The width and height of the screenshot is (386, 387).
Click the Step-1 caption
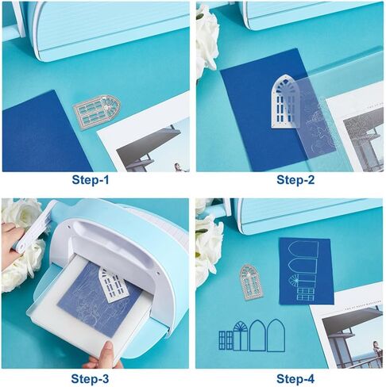[x=91, y=180]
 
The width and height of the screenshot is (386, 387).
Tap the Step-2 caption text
[x=295, y=180]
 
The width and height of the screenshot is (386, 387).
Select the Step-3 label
[x=90, y=379]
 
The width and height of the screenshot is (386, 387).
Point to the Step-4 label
[x=295, y=379]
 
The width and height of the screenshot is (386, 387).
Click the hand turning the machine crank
[x=12, y=241]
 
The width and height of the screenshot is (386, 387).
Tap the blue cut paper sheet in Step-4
[x=306, y=270]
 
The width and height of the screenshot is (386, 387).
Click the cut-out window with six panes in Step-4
[x=226, y=340]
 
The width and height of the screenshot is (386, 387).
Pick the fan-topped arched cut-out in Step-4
[x=241, y=335]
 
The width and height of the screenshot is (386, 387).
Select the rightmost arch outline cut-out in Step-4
[x=276, y=335]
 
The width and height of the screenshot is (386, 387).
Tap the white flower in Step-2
[x=207, y=40]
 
